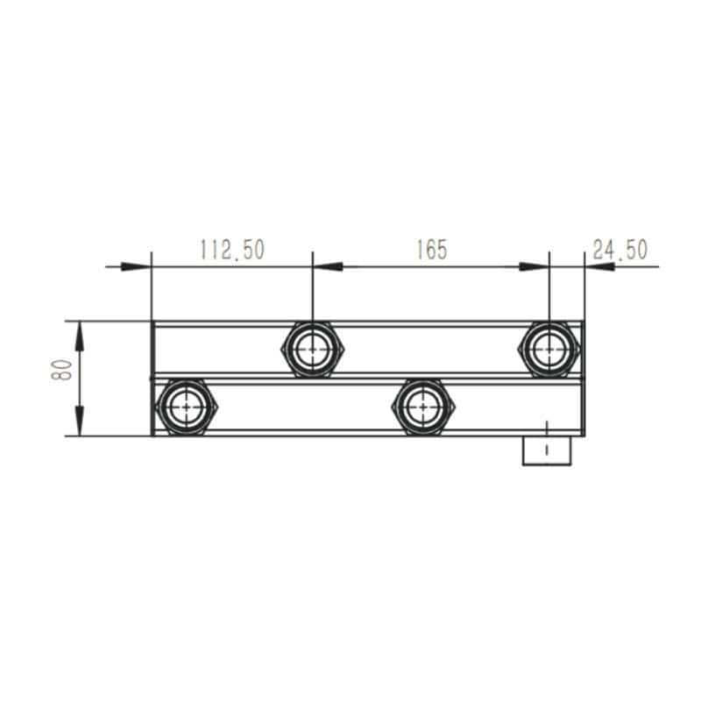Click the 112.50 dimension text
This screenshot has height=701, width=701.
232,250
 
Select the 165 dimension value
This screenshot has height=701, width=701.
431,250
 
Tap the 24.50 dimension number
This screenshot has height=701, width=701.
620,250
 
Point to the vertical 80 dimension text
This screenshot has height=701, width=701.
61,370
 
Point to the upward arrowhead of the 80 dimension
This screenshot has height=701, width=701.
79,336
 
